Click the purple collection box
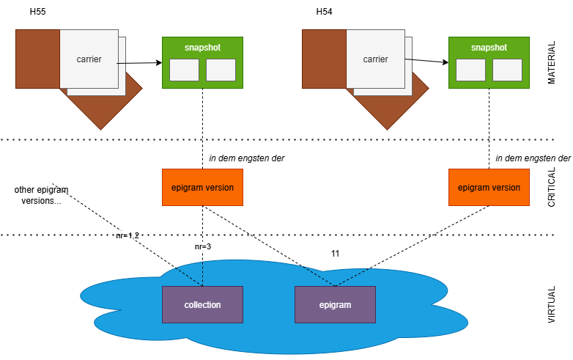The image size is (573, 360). (202, 304)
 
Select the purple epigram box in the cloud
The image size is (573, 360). (335, 304)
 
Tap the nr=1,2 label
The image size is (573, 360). (127, 235)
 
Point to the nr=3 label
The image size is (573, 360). (203, 246)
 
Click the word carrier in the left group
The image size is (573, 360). (89, 59)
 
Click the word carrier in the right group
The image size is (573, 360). (375, 59)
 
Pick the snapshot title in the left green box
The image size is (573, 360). (202, 48)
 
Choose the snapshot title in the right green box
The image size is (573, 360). (489, 48)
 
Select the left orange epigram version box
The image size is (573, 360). (202, 187)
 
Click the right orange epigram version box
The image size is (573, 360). (489, 187)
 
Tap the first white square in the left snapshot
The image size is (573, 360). (184, 70)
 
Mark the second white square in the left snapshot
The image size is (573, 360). (221, 70)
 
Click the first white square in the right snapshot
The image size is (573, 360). (470, 70)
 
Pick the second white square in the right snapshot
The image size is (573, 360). (507, 70)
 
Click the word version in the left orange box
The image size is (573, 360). (219, 188)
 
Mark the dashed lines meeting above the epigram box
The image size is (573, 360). (335, 282)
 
